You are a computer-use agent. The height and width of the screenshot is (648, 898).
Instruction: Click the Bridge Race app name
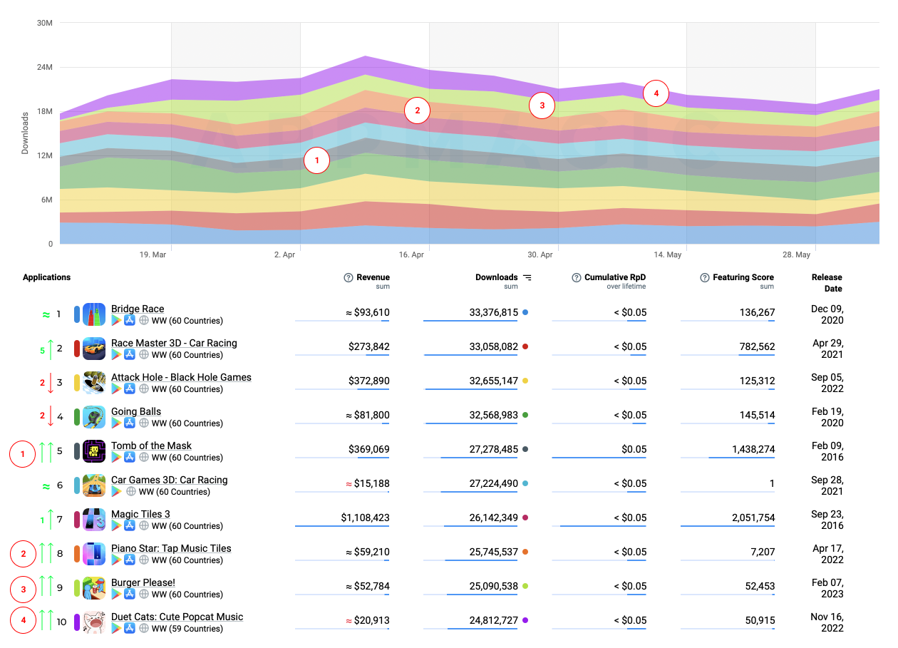(138, 309)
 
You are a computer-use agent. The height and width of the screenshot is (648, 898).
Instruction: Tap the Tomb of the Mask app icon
(94, 451)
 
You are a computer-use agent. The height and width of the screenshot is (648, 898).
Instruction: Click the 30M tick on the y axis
(44, 23)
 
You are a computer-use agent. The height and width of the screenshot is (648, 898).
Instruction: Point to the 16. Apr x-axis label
(412, 254)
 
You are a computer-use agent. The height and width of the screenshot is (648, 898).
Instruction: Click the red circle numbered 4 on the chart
(656, 93)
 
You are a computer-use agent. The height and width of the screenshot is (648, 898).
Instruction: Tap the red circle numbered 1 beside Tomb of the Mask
(23, 454)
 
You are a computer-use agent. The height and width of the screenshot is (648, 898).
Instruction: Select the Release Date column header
(826, 282)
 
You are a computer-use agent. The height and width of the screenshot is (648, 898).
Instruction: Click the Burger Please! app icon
(94, 588)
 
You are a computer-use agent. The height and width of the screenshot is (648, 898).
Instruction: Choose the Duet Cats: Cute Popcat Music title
(177, 617)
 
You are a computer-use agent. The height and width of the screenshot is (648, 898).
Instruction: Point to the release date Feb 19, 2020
(827, 417)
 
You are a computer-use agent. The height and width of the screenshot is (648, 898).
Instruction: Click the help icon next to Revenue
(349, 277)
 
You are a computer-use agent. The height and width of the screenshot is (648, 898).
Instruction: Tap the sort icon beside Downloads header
(527, 277)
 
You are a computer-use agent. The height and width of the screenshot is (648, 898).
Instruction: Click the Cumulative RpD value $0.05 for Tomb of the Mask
(633, 449)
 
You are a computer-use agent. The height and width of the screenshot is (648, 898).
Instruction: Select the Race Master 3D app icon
(94, 349)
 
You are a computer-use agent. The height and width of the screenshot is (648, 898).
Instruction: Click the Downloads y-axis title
(26, 133)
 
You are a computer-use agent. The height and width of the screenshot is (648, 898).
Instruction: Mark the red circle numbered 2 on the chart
(417, 110)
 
